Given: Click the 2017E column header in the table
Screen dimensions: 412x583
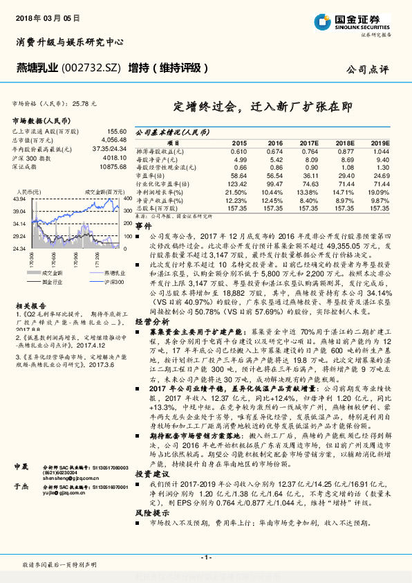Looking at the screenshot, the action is coord(308,142).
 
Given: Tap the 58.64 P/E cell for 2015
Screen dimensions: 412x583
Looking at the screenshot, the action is coord(238,177).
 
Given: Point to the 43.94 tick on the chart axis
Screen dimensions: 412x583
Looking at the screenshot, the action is coord(19,199).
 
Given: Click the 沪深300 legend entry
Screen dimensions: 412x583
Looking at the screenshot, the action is coord(113,282).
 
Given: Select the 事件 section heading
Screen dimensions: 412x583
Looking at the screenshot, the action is coord(143,226).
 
